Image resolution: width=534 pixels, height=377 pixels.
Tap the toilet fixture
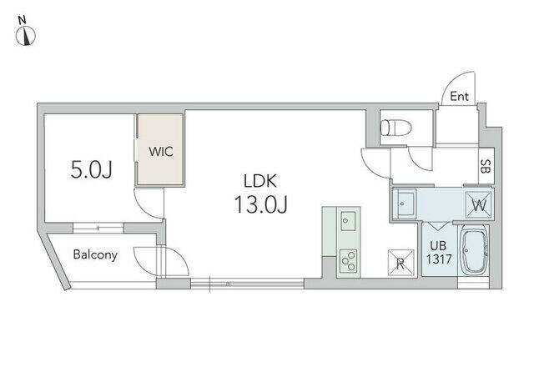coord(395,128)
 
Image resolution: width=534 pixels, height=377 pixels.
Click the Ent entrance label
coord(459,97)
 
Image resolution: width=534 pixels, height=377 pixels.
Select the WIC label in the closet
coord(161,152)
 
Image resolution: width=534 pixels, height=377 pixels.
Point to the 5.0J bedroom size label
coord(91,170)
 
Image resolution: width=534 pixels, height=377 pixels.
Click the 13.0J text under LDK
coord(261,204)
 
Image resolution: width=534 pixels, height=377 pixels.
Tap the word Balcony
coord(95,254)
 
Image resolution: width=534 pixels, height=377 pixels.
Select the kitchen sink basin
coord(348,221)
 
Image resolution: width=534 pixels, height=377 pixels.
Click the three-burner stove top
coord(349,260)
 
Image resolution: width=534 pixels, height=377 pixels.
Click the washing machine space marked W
coord(479,204)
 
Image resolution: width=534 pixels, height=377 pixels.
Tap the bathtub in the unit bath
coord(474,251)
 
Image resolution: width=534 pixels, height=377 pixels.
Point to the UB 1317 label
coord(439,253)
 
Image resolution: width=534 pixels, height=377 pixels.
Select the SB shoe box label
coord(485,166)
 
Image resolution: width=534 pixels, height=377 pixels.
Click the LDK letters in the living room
coord(260,181)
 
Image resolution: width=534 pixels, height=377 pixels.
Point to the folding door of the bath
coord(437,226)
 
